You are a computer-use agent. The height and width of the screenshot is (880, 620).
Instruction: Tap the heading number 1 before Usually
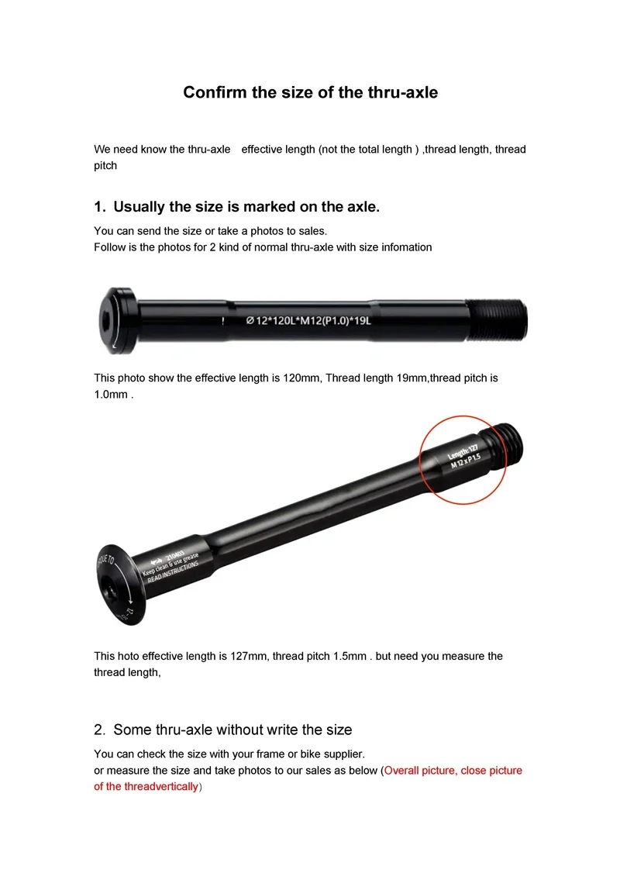point(98,207)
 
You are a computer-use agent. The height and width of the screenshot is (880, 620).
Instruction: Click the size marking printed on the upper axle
point(308,320)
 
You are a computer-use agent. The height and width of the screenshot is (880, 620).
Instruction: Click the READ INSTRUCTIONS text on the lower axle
point(173,572)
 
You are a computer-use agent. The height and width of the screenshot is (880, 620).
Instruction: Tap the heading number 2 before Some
point(98,730)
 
